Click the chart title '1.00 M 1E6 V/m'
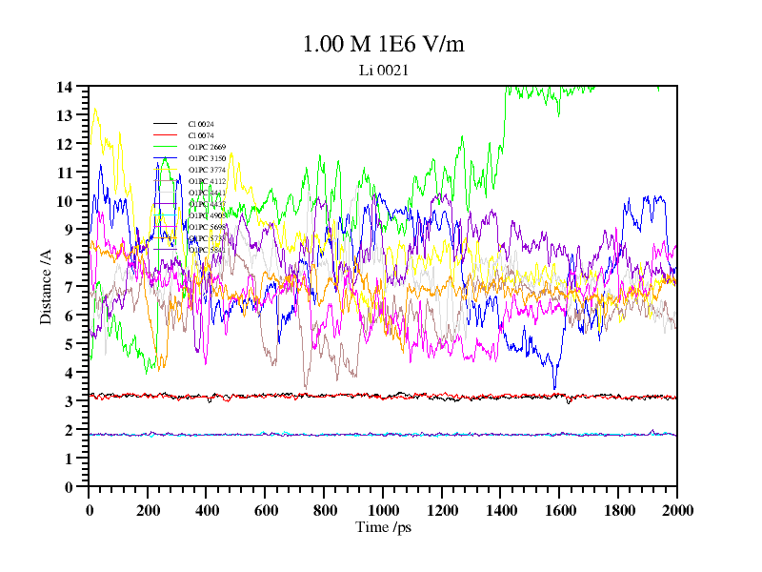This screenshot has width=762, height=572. click(383, 44)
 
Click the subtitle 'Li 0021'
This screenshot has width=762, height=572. click(383, 70)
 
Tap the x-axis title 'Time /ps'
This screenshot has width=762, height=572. click(383, 527)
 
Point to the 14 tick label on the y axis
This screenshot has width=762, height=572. click(65, 87)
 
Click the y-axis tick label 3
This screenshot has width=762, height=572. click(69, 401)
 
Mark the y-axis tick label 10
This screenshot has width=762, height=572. click(65, 201)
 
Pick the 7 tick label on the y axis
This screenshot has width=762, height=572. click(69, 287)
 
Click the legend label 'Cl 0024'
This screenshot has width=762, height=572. click(201, 124)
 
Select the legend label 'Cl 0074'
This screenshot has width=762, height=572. click(201, 135)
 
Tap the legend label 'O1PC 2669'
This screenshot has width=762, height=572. click(207, 147)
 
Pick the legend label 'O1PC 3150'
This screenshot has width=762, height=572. click(207, 158)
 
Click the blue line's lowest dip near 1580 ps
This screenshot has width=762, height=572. click(554, 389)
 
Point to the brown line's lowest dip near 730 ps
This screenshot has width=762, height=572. click(305, 386)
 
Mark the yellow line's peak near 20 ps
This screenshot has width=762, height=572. click(95, 109)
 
